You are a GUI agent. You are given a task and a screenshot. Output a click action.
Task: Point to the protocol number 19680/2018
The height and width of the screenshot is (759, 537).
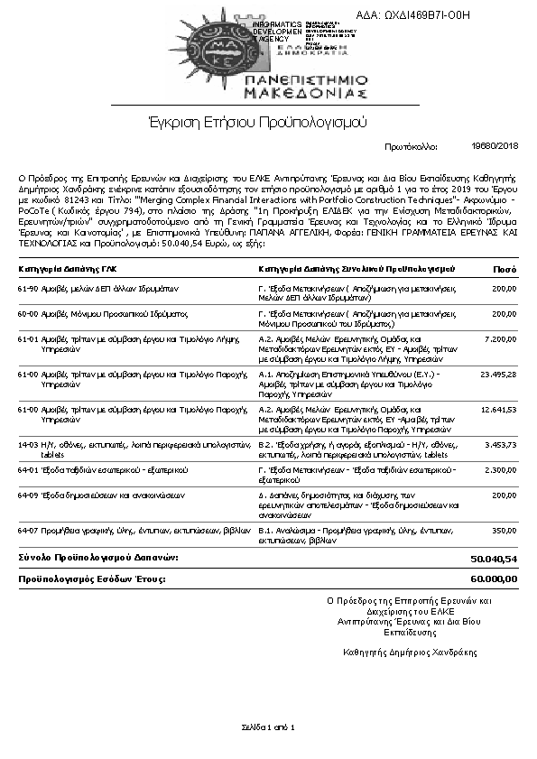pos(495,146)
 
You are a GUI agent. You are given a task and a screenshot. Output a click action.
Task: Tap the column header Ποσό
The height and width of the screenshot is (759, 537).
pos(505,269)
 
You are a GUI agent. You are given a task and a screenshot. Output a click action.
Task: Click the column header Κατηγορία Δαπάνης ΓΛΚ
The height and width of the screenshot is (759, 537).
pos(68,269)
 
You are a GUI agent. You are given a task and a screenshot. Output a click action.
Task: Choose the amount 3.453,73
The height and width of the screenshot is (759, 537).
pos(499,444)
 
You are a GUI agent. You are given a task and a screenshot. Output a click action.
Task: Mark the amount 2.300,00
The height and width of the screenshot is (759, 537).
pos(499,470)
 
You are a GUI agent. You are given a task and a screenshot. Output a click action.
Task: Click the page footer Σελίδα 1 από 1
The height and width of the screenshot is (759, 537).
pos(268,727)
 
